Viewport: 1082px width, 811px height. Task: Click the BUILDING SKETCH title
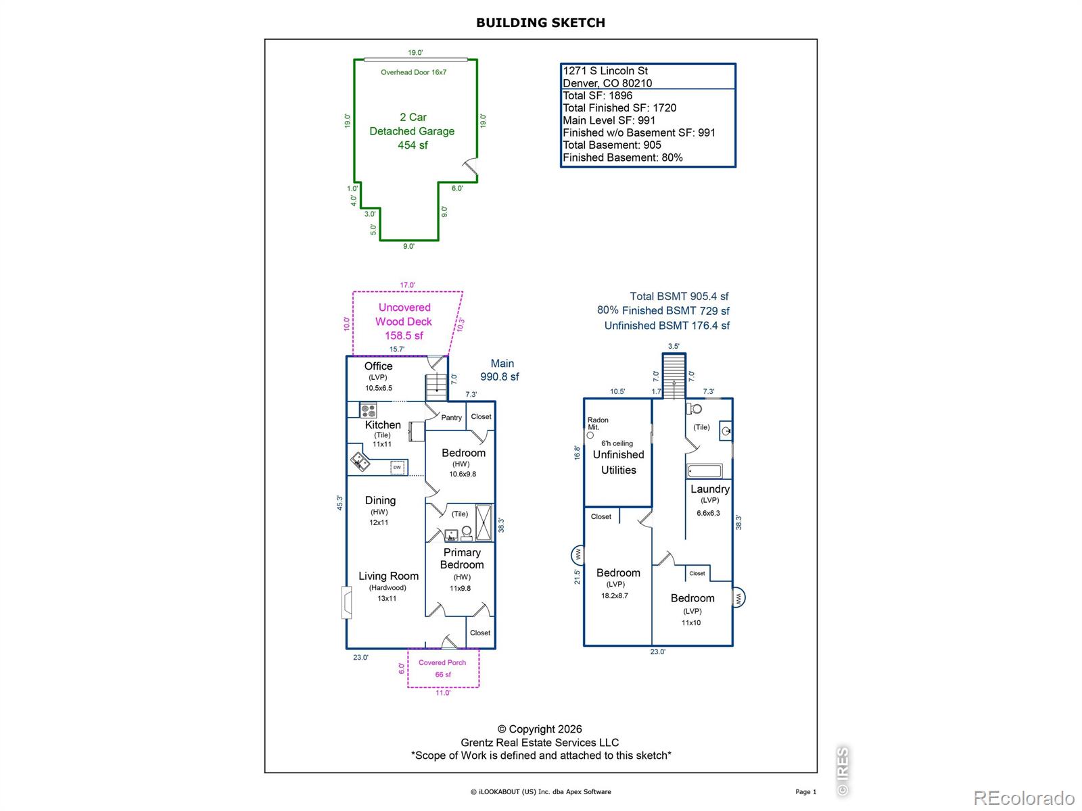coord(540,23)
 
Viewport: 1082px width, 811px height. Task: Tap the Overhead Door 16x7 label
coord(413,72)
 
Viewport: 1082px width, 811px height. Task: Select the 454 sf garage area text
coord(413,145)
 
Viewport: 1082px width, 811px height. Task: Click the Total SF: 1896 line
coord(597,95)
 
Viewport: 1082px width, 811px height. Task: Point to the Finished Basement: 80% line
coord(623,157)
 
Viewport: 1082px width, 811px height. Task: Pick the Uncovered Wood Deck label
coord(404,314)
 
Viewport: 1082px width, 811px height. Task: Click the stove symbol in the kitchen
coord(368,410)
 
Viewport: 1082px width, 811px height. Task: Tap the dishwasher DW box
coord(397,467)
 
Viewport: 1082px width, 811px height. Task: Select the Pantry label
coord(451,418)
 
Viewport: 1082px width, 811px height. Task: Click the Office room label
coord(378,366)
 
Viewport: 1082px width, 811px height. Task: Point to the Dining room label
coord(380,500)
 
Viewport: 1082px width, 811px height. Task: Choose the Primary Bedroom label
coord(461,558)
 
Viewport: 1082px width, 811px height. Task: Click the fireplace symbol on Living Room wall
coord(347,601)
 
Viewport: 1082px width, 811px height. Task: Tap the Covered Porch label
coord(442,663)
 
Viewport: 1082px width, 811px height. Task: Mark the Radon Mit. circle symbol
coord(590,435)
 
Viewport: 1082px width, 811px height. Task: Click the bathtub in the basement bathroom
coord(705,471)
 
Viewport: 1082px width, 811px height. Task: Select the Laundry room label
coord(709,489)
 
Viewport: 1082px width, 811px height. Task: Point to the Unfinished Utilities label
coord(618,462)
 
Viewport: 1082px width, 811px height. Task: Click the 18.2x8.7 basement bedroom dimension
coord(614,596)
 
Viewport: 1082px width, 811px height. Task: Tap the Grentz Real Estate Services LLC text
coord(539,743)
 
